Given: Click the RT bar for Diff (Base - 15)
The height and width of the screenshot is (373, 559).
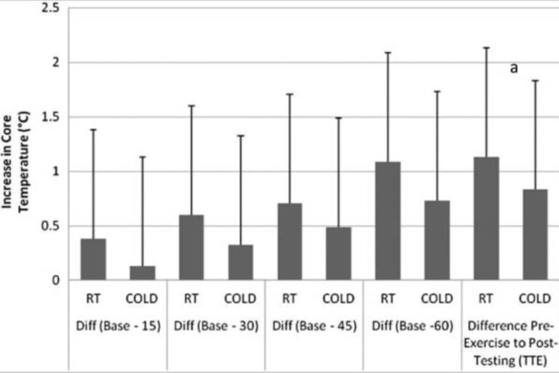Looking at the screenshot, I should point(93,259).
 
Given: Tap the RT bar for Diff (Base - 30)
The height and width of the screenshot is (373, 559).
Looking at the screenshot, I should point(191,247).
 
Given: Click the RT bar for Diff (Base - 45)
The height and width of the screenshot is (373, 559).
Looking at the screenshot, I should point(290,241).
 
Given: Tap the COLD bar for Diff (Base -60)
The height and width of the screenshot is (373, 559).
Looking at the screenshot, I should point(437,240).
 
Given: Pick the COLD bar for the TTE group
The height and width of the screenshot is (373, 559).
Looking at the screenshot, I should point(535,234).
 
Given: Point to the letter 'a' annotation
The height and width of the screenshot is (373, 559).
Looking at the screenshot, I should point(513,68).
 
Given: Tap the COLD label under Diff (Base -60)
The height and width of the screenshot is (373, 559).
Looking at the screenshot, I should point(437,299).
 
